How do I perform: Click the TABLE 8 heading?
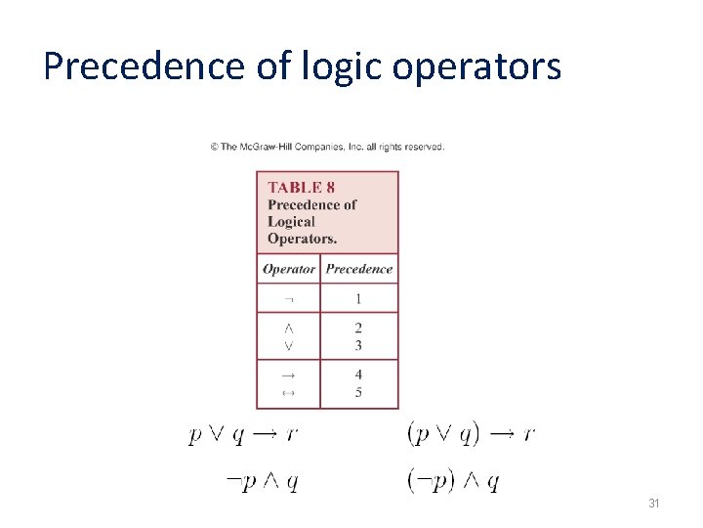pos(302,187)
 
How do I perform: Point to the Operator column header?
pos(289,269)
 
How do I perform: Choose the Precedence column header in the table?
pos(359,269)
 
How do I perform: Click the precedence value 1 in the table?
pos(358,298)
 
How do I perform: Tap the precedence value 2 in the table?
pos(358,328)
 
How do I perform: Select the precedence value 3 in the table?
pos(358,345)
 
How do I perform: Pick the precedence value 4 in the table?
pos(358,374)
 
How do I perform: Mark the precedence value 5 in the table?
pos(358,392)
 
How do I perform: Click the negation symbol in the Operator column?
pos(288,298)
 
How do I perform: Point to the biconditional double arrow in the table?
pos(288,392)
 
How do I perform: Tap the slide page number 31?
pos(654,504)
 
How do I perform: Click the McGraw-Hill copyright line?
pos(327,147)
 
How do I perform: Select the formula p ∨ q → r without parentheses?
pos(243,433)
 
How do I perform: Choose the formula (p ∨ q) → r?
pos(471,433)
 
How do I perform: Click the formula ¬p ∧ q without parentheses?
pos(261,480)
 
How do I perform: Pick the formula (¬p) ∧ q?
pos(453,480)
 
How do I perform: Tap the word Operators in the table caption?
pos(302,238)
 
